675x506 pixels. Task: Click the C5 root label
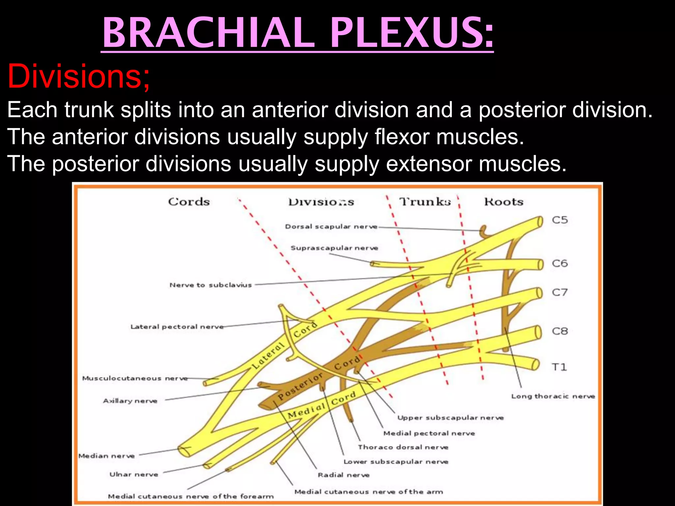560,220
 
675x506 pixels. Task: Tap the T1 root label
559,367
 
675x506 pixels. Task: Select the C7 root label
560,292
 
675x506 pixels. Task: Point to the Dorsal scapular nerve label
331,227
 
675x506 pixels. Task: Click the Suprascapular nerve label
334,248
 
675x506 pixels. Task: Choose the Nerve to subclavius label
211,285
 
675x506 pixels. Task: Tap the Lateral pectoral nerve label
177,327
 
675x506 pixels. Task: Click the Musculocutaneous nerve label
135,378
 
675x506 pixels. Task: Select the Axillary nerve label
130,401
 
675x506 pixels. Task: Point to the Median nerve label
107,456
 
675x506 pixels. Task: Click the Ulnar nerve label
134,474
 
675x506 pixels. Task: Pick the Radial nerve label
343,475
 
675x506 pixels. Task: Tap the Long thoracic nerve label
553,396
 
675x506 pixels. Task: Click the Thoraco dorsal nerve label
403,447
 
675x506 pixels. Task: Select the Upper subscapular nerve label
450,418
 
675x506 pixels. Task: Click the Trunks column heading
425,202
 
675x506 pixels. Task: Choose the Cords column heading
189,202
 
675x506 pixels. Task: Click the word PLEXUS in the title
412,33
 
